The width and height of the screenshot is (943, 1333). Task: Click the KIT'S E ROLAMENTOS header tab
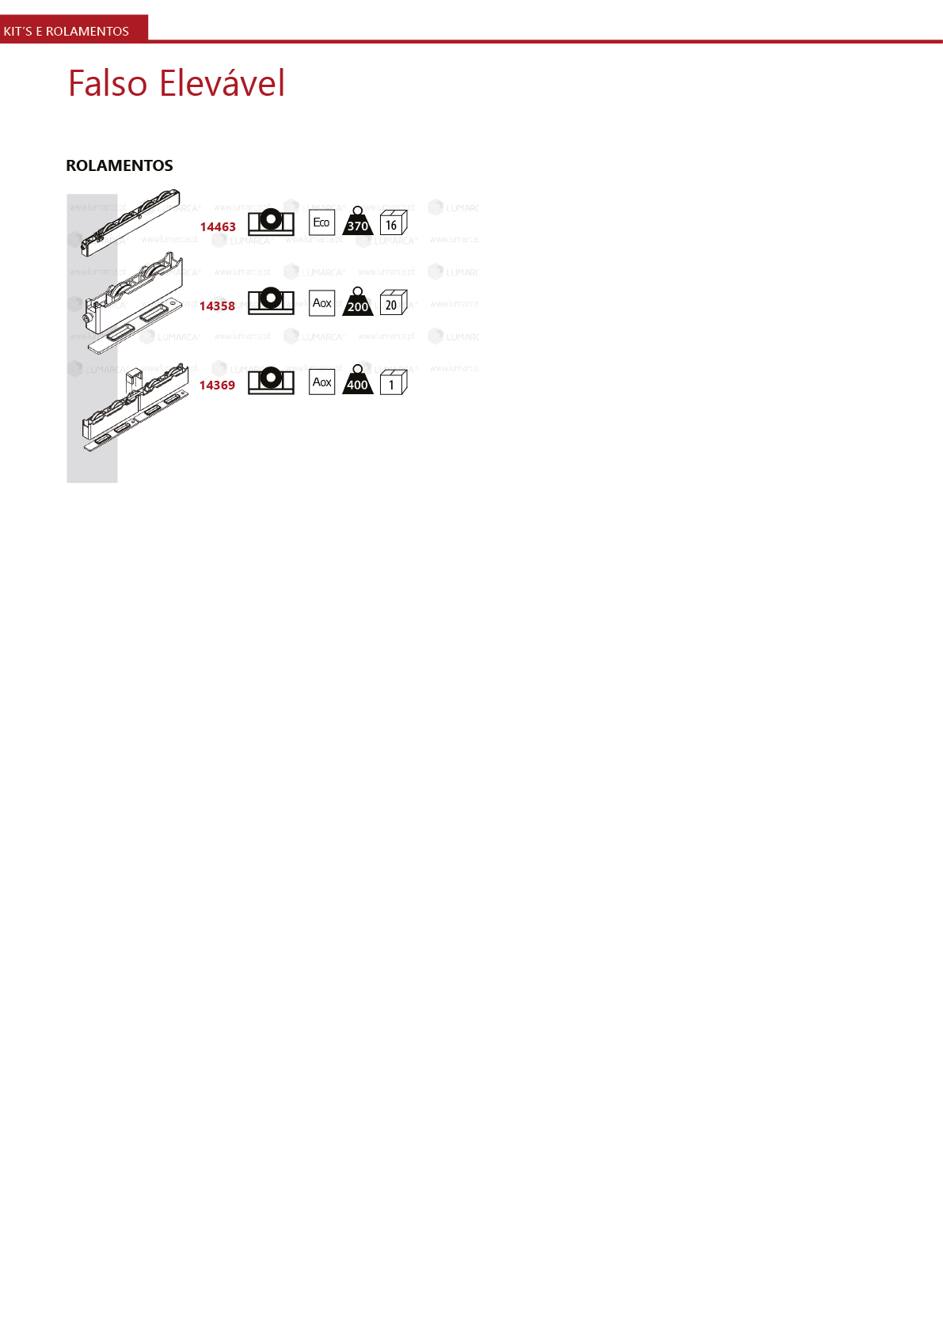(67, 31)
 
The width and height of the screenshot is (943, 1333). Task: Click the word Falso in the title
(108, 83)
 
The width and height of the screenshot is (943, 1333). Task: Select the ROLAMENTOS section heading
(120, 165)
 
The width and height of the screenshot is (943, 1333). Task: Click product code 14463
(218, 227)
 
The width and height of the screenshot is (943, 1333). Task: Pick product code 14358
(217, 306)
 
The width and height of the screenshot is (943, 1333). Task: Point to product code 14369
(217, 385)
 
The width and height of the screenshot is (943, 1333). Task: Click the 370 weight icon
(358, 222)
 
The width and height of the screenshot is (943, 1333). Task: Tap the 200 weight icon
(358, 302)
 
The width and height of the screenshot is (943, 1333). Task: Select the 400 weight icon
(358, 381)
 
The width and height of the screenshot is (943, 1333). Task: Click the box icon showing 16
(393, 223)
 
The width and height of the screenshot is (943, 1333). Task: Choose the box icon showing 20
(393, 302)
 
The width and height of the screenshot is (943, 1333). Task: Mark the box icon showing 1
(393, 382)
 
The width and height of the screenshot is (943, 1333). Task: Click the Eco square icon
(322, 222)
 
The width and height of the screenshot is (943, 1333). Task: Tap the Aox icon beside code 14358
(322, 302)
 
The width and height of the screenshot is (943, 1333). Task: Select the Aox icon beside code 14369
(322, 382)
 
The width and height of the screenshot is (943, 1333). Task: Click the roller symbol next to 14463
(271, 222)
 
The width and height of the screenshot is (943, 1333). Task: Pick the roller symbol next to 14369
(271, 380)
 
